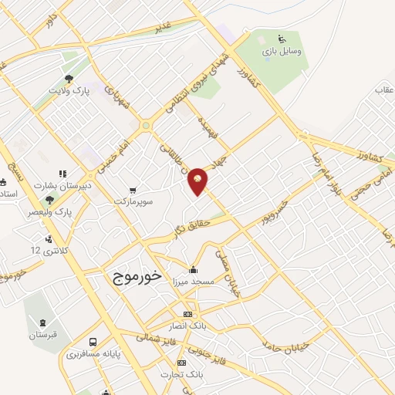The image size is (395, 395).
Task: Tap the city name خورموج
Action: tap(135, 275)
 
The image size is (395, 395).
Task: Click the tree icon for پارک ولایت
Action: tap(69, 79)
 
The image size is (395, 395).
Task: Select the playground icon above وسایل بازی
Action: tap(282, 39)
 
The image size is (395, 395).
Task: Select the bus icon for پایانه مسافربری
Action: tap(93, 342)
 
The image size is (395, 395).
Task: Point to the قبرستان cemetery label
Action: tap(44, 336)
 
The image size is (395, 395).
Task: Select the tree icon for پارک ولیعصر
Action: tap(49, 200)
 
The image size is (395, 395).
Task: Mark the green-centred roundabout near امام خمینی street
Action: tap(145, 126)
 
